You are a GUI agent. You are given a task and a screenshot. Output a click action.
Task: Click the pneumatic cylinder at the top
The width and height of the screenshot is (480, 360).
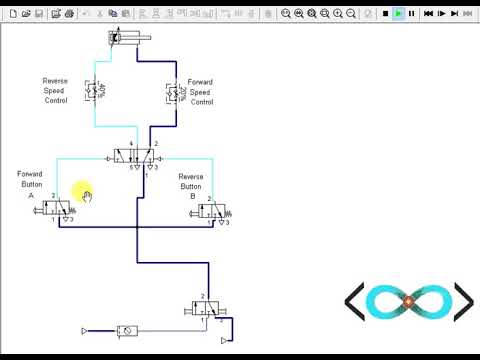129,38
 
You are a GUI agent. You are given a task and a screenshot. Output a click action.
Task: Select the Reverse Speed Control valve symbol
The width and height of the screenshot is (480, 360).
93,92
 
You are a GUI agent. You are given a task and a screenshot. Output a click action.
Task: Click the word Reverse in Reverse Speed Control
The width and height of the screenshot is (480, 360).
54,81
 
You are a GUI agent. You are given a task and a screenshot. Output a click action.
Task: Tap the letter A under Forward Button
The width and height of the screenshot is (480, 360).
31,197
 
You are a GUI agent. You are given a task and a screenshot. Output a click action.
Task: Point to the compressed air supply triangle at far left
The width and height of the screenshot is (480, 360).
84,330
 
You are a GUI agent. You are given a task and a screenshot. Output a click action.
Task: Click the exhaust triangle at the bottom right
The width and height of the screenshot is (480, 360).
223,340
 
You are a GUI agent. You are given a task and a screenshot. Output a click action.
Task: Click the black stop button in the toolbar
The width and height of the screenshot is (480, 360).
385,13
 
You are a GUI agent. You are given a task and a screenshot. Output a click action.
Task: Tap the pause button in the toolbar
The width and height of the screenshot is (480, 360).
411,13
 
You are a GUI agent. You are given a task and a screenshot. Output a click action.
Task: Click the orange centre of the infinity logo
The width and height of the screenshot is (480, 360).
408,301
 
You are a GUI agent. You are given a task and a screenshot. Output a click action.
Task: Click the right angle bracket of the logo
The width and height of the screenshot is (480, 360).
463,301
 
